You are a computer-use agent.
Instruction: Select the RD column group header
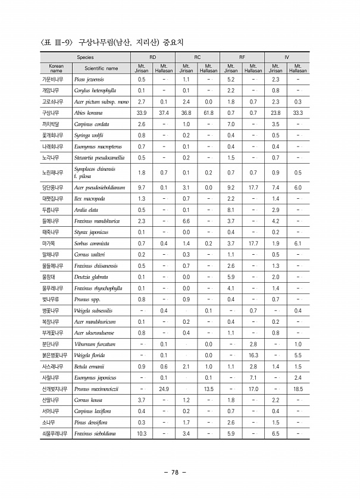(152, 57)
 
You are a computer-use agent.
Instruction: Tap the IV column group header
(287, 57)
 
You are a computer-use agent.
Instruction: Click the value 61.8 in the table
(208, 112)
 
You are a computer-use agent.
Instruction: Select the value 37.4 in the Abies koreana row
(164, 112)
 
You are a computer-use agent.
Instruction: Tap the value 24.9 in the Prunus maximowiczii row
(164, 389)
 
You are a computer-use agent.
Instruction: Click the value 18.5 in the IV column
(298, 389)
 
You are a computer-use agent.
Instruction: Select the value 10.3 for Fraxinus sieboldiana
(141, 434)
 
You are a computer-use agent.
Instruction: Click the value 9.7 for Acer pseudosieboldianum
(141, 187)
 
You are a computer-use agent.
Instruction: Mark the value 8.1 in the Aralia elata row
(231, 210)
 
